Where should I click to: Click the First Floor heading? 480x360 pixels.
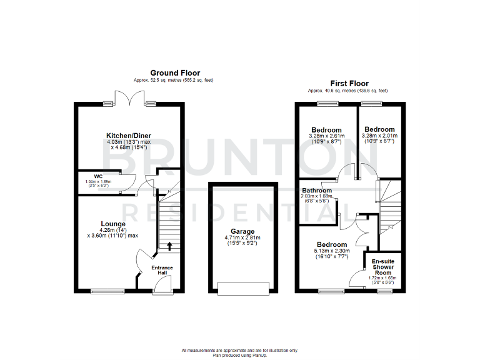(x=349, y=83)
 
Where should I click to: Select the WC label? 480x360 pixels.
(x=98, y=176)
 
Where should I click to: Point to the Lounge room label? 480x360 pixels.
(x=113, y=223)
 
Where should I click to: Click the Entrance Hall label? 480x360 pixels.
(x=162, y=270)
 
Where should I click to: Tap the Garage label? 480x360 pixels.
(x=242, y=231)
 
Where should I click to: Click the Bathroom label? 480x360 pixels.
(x=317, y=190)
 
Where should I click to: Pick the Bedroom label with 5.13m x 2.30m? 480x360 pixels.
(x=331, y=244)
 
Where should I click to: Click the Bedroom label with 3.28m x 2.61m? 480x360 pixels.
(x=326, y=130)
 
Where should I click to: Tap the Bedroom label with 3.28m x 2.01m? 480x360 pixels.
(x=379, y=129)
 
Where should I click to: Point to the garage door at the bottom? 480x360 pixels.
(x=242, y=289)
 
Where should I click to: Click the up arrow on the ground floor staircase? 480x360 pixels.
(x=167, y=245)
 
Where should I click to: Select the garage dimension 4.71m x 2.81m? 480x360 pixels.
(x=242, y=238)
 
